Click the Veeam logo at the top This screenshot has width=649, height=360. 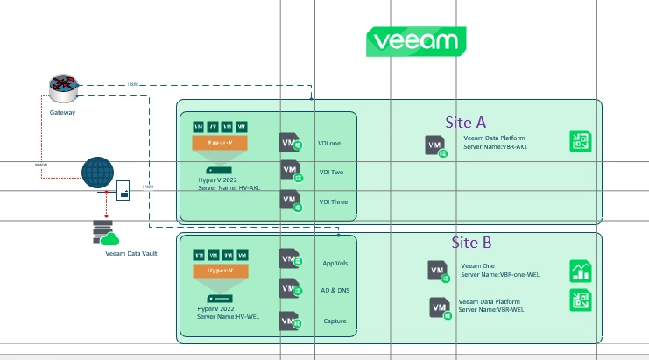416,41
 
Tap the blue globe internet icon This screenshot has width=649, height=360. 98,173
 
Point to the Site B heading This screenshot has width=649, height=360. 471,242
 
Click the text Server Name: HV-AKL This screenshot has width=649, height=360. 229,187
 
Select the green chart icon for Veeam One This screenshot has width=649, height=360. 581,271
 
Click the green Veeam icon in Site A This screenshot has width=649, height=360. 581,142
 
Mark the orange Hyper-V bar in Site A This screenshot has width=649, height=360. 220,142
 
